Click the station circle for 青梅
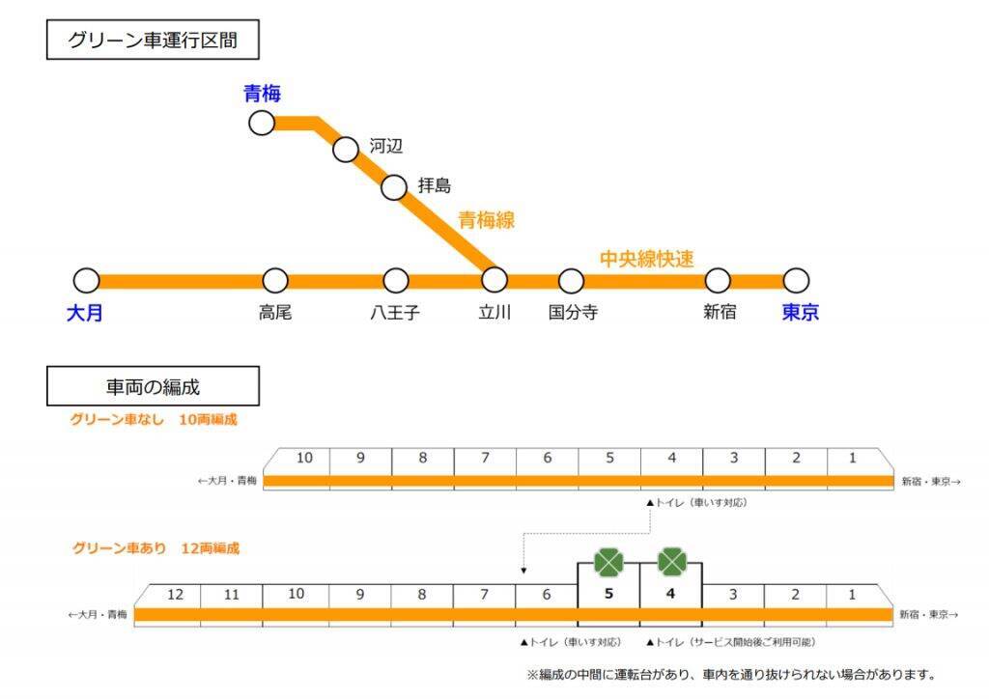coord(262,123)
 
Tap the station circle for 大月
coord(87,281)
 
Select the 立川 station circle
coord(494,280)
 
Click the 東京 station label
coord(800,313)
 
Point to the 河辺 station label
coord(385,146)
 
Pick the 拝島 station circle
coord(394,187)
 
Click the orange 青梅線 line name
coord(486,220)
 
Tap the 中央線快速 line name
coord(647,259)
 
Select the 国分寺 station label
coord(573,313)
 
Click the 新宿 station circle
coord(718,281)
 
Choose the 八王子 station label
coord(395,313)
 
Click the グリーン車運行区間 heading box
coord(153,41)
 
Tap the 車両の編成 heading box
coord(153,386)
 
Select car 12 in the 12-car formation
coord(175,595)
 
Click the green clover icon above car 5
coord(608,562)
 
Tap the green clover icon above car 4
coord(671,562)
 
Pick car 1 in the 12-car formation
coord(852,595)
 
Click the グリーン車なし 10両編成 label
coord(153,420)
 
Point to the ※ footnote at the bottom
coord(730,675)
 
